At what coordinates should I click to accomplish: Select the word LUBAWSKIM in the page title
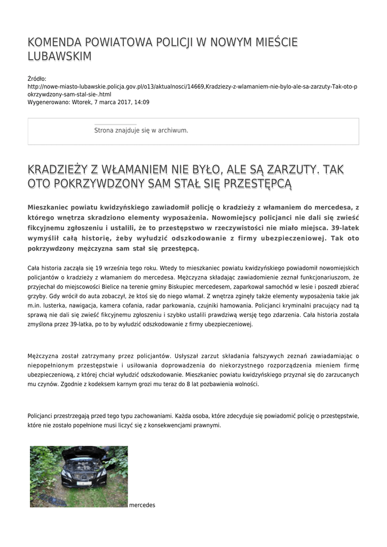point(59,57)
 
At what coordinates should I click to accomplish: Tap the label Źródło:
point(37,79)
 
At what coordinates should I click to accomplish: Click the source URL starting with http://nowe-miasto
point(192,87)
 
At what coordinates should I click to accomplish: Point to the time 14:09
point(142,102)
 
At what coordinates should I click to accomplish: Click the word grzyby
point(35,296)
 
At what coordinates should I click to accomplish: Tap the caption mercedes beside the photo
point(142,505)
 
